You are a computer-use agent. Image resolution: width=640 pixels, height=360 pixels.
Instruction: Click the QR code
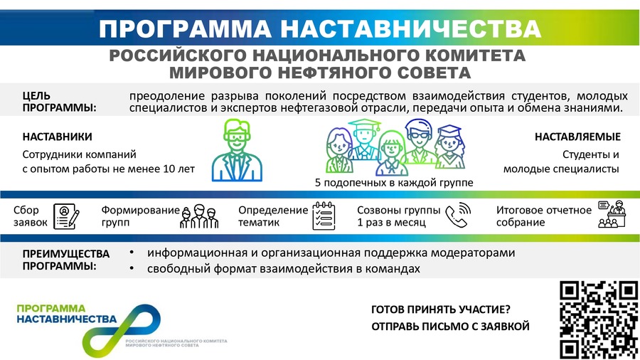(x=599, y=320)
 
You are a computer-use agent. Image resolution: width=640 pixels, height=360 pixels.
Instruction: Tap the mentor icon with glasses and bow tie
(x=237, y=150)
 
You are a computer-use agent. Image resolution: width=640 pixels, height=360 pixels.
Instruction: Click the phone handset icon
(x=457, y=215)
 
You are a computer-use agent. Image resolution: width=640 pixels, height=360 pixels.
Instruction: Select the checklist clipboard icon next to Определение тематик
(x=324, y=216)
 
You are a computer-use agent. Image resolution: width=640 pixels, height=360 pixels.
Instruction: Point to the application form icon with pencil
(x=66, y=216)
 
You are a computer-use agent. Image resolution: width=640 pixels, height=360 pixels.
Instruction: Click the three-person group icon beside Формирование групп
(x=199, y=216)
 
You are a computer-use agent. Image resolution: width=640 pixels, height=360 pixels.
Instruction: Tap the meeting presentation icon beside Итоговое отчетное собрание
(x=612, y=214)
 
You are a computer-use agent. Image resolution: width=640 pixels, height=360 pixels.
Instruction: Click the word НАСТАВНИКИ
(x=57, y=137)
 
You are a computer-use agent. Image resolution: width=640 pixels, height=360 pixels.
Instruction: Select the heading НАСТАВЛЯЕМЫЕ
(x=577, y=137)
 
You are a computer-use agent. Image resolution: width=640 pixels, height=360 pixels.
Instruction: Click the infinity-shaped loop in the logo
(x=121, y=331)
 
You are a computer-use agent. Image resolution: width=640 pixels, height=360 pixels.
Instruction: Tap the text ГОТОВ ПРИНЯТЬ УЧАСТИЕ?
(x=441, y=309)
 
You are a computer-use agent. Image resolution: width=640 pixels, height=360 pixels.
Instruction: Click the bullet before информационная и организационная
(x=132, y=253)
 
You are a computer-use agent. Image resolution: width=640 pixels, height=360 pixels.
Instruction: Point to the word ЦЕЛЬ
(x=36, y=96)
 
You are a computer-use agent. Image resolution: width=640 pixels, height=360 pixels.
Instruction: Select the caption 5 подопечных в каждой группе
(x=394, y=182)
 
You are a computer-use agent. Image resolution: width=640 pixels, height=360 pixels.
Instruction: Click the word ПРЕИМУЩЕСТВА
(x=66, y=254)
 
